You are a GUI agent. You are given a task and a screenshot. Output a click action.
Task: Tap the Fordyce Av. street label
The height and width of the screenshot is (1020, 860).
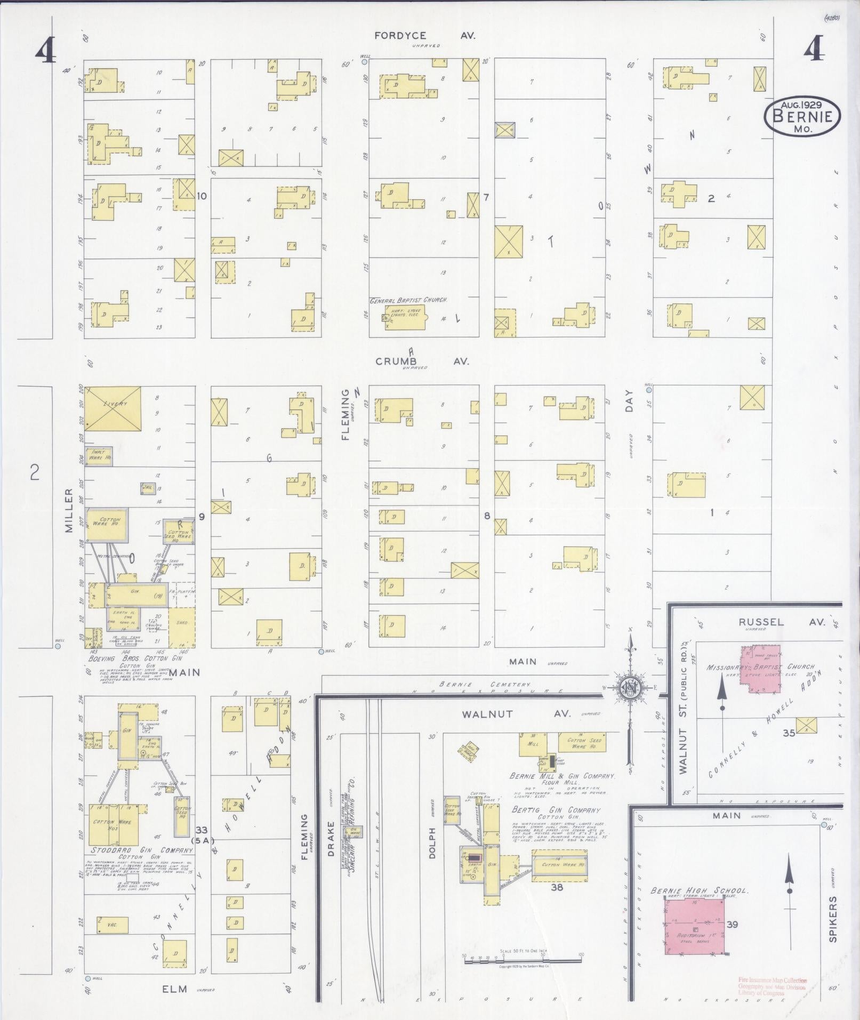pos(424,36)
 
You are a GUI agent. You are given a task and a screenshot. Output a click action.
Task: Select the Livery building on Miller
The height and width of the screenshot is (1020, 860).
pos(113,408)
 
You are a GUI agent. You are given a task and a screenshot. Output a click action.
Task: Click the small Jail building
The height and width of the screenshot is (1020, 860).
pos(148,487)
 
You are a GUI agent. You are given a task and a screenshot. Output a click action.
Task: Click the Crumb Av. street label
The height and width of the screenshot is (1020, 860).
pos(422,361)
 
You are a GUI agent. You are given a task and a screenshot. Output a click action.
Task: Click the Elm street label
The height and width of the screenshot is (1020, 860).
pos(175,989)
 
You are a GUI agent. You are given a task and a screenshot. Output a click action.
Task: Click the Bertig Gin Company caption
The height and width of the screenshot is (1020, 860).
pos(554,810)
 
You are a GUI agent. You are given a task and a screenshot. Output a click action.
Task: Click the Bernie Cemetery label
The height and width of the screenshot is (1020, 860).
pos(485,684)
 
